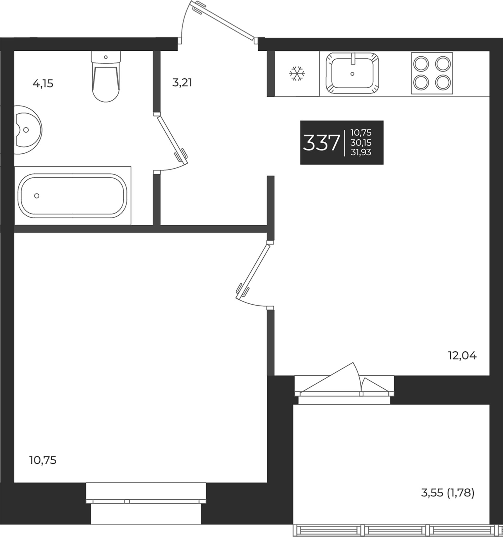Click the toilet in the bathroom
(106, 79)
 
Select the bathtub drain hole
(37, 196)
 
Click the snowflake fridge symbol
(297, 73)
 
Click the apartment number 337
(321, 143)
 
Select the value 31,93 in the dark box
(361, 152)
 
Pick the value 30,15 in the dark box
(361, 142)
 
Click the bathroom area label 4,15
(43, 84)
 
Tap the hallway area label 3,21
(182, 83)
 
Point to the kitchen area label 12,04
(462, 356)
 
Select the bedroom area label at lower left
(43, 460)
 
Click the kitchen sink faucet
(353, 59)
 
